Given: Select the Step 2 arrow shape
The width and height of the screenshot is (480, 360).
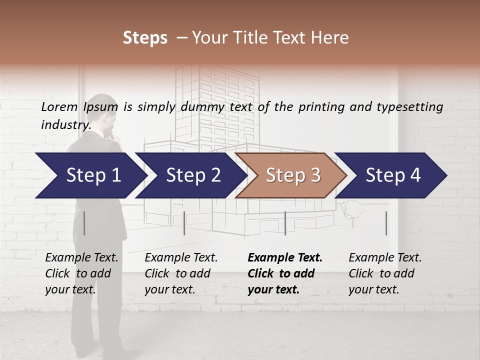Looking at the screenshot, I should pos(192,175).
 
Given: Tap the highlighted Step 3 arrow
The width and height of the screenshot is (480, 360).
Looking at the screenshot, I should pos(292,175).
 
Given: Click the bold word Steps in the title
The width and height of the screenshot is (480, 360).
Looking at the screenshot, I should pos(145,38).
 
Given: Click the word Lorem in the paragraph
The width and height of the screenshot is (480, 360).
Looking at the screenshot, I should pos(59,107).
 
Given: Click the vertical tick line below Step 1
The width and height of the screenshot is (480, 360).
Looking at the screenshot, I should pos(84,223).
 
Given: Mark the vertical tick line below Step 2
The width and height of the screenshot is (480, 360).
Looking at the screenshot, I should pos(184,223).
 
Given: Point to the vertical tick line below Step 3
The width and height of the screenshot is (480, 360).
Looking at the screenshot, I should pos(285,223).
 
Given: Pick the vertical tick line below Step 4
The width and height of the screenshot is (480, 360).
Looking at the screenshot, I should pos(386,223).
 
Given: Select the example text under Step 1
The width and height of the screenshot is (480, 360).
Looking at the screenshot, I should pos(81,273).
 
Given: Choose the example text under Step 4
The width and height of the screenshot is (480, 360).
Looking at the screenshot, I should pos(385,273).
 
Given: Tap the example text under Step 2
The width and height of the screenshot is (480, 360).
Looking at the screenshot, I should pos(181,273).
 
